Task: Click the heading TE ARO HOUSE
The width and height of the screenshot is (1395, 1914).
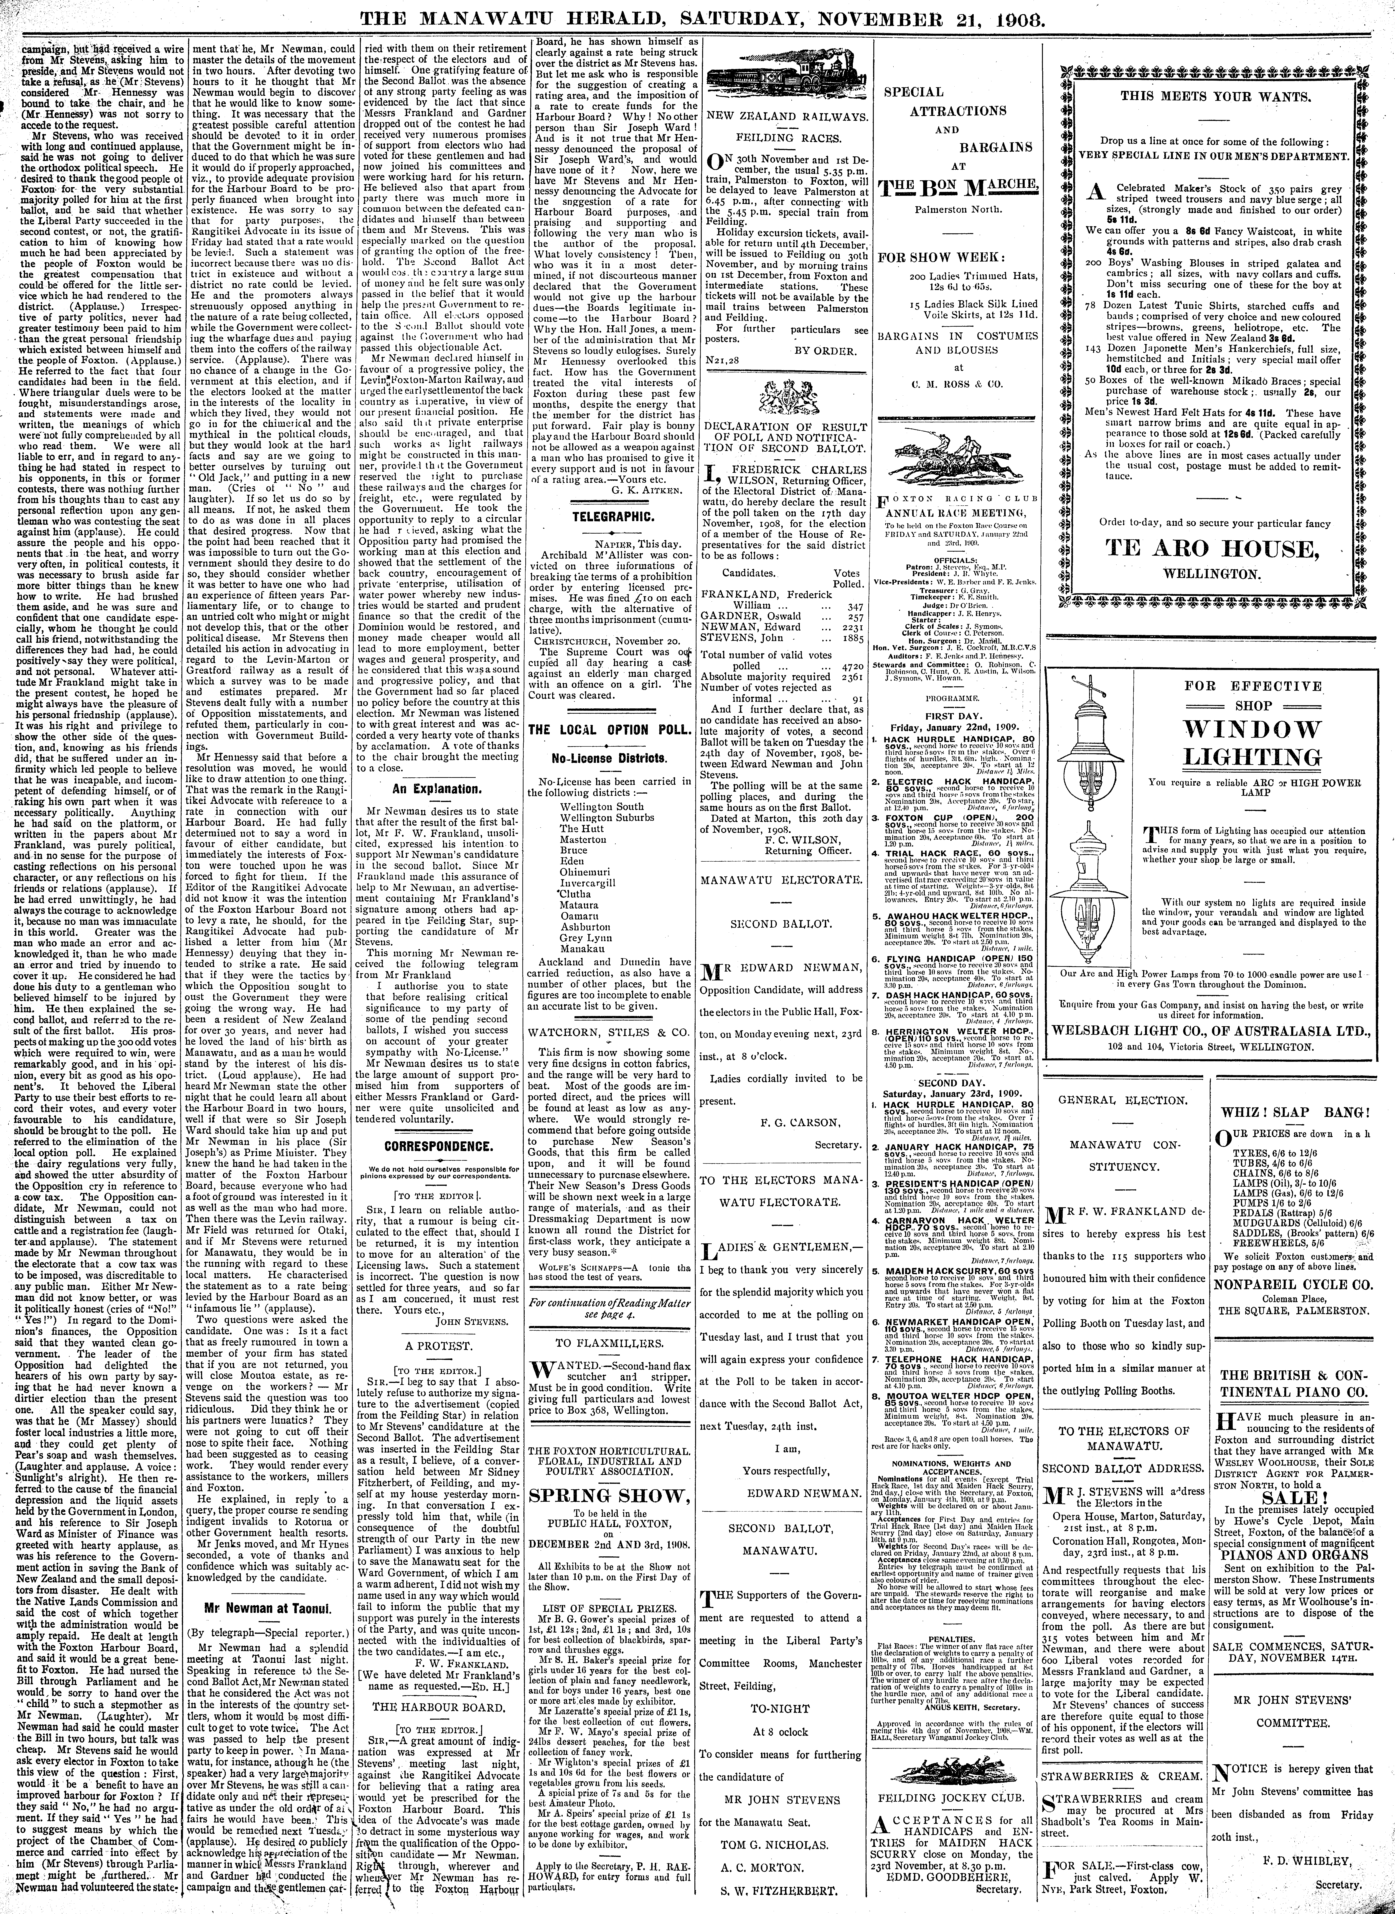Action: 1213,549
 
